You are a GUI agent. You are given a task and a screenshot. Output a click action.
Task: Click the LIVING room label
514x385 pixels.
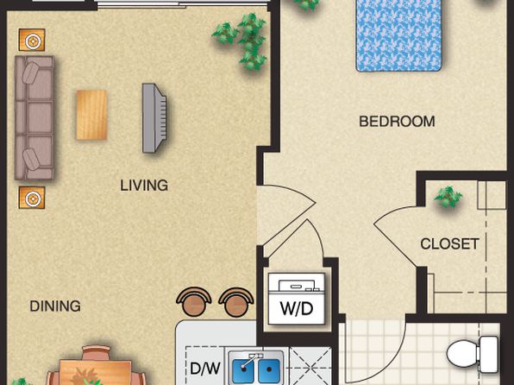coord(144,186)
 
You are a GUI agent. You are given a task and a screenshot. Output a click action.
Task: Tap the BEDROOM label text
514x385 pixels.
coord(397,122)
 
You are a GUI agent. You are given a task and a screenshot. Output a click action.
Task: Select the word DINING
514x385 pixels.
coord(55,306)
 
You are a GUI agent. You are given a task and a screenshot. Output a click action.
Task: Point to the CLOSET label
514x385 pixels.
coord(449,244)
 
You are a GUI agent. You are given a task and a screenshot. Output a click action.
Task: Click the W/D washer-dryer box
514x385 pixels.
coord(297,299)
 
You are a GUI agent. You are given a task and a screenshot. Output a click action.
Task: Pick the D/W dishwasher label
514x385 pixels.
coord(205,369)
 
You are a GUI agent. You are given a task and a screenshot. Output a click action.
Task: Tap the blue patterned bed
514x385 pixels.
coord(399,35)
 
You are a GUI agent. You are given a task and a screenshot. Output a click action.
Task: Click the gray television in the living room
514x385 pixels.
coord(154,117)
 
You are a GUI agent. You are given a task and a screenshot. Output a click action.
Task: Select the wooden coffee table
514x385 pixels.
coord(91,115)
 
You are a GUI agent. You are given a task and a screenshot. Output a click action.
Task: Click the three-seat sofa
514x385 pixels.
coord(34,117)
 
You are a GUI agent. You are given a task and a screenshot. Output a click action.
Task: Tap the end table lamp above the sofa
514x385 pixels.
coord(32,40)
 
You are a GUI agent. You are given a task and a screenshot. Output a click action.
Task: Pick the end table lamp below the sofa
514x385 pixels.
coord(32,198)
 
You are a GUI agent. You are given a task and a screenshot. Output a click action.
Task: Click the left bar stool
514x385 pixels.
coord(194,302)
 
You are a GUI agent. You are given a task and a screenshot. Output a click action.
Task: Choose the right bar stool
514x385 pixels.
coord(236,302)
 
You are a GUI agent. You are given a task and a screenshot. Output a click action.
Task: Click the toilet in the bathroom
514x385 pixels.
coord(473,355)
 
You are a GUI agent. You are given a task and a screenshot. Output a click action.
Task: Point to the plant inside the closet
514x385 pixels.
coord(448,197)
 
